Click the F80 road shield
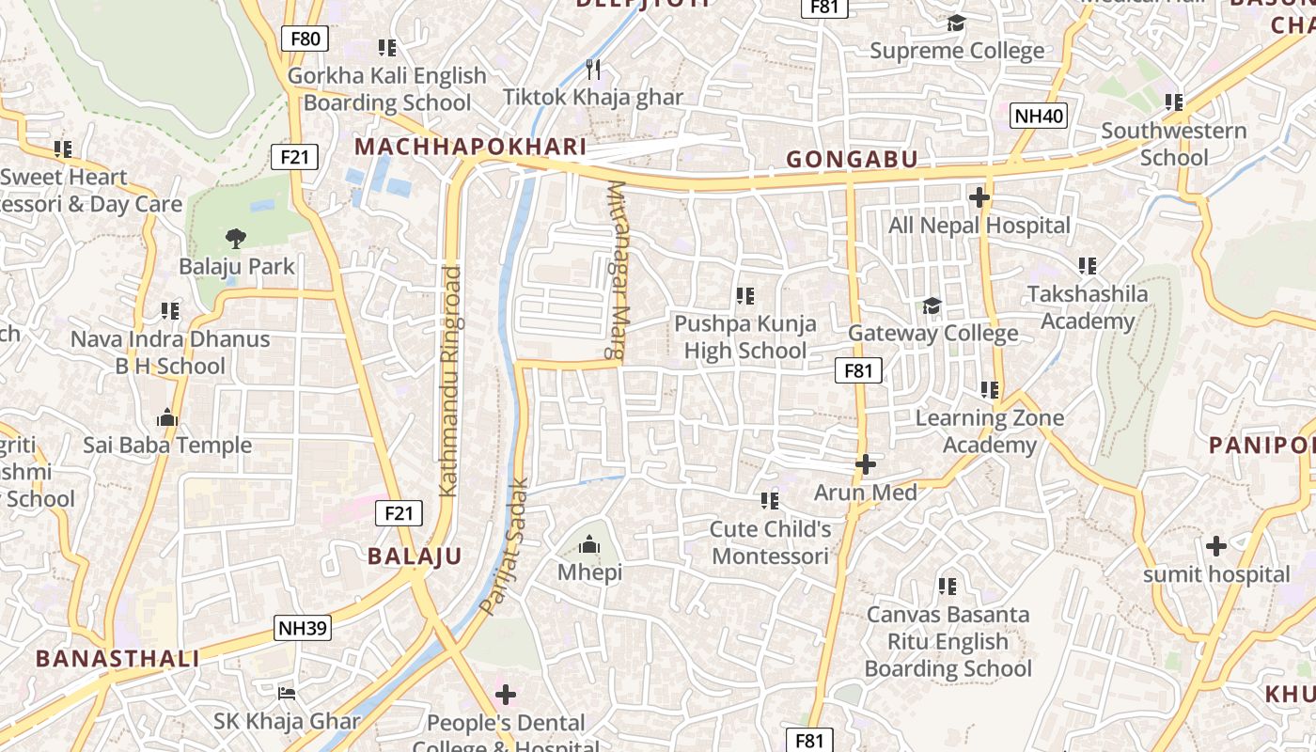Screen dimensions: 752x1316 305,39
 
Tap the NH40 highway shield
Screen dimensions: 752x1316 1039,117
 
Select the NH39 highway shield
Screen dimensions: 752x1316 303,628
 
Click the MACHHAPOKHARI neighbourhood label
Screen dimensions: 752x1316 471,147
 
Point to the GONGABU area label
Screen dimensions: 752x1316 852,160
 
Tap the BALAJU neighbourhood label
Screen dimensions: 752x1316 415,556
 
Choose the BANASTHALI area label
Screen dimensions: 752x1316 117,658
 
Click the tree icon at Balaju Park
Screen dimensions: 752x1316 236,239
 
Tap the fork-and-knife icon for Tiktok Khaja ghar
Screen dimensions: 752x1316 593,69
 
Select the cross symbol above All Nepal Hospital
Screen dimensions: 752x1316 979,197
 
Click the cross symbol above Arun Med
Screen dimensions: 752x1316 865,464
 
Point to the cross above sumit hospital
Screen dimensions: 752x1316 1216,545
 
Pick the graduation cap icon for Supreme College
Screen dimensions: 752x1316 956,23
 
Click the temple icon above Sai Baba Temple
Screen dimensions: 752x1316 167,416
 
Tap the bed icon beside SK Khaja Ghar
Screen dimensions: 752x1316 287,694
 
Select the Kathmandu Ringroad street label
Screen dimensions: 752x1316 450,381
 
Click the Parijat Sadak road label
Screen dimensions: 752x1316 505,547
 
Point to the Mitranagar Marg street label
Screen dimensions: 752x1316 617,271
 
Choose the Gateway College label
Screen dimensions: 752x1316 932,334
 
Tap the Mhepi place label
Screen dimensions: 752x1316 589,572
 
